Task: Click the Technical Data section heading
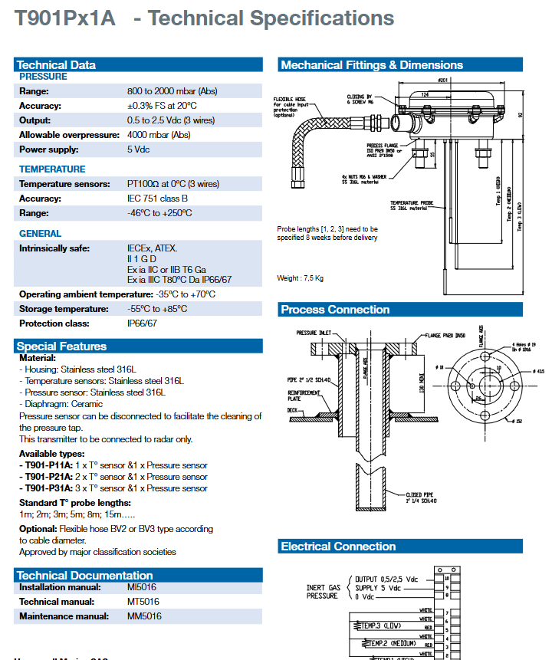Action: pos(57,65)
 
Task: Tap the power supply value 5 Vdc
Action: pos(138,149)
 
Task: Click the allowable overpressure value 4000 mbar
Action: pos(159,135)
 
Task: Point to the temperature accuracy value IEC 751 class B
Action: pos(157,199)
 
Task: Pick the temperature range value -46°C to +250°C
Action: pos(159,213)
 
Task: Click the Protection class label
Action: pos(53,323)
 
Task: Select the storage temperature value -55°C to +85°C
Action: pos(157,309)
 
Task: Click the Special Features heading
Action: pos(62,346)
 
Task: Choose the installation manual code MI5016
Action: pos(141,587)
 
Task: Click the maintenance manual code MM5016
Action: pos(144,616)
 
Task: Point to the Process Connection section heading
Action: pos(335,310)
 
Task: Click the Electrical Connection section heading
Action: pos(338,547)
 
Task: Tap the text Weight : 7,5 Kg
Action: pos(300,277)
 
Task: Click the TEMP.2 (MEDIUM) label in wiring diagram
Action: pos(389,643)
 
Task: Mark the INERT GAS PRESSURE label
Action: pos(323,591)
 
